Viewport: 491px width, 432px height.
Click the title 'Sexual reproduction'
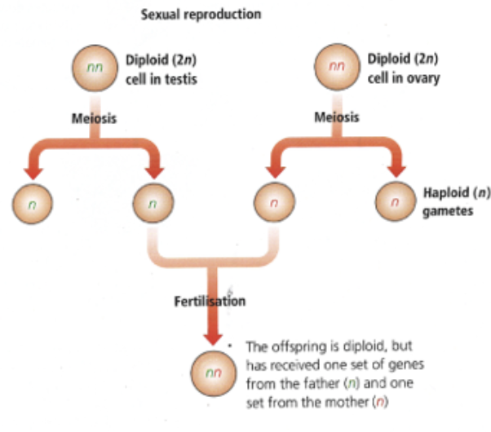coord(201,15)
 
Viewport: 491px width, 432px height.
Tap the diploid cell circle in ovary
coord(337,69)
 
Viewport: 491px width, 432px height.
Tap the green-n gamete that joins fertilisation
coord(153,200)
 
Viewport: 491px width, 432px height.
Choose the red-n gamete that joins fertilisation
coord(273,200)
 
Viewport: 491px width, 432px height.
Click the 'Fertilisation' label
coord(210,301)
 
